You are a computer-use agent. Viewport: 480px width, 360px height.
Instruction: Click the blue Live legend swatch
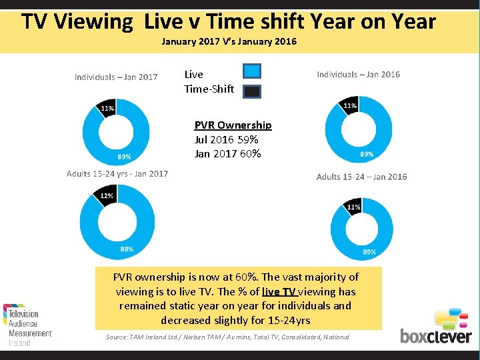pyautogui.click(x=252, y=71)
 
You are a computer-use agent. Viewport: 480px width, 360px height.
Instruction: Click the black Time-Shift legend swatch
pyautogui.click(x=252, y=92)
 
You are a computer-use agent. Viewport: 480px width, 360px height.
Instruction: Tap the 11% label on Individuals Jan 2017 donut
pyautogui.click(x=107, y=108)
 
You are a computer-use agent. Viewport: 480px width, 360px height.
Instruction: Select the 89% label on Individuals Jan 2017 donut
pyautogui.click(x=124, y=157)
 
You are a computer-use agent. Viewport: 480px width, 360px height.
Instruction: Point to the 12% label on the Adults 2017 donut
pyautogui.click(x=107, y=196)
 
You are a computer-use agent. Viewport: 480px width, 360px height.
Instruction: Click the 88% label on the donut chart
pyautogui.click(x=127, y=249)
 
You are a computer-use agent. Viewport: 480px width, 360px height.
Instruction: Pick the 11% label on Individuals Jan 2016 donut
pyautogui.click(x=349, y=106)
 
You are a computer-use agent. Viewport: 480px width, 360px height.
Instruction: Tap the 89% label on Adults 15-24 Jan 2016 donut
pyautogui.click(x=369, y=252)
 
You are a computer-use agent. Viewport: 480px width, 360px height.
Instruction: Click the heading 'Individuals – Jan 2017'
pyautogui.click(x=116, y=77)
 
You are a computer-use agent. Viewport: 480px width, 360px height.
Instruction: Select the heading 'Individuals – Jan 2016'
pyautogui.click(x=359, y=74)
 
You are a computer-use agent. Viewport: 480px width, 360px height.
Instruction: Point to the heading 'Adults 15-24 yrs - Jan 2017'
pyautogui.click(x=117, y=174)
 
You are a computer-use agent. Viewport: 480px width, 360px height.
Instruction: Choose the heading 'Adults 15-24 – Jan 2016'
pyautogui.click(x=361, y=177)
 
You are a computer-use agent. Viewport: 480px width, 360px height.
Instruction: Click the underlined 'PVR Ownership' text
pyautogui.click(x=233, y=125)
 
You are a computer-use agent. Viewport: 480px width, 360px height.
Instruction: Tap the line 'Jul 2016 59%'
pyautogui.click(x=227, y=140)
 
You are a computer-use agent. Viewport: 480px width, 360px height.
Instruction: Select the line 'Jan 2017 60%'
pyautogui.click(x=227, y=154)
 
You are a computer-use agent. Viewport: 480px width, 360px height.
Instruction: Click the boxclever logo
pyautogui.click(x=436, y=326)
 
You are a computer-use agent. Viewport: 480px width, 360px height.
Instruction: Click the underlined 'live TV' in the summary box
pyautogui.click(x=280, y=291)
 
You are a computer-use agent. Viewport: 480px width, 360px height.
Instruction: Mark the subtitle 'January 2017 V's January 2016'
pyautogui.click(x=229, y=41)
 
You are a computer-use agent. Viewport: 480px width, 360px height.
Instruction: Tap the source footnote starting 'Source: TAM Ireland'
pyautogui.click(x=227, y=337)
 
